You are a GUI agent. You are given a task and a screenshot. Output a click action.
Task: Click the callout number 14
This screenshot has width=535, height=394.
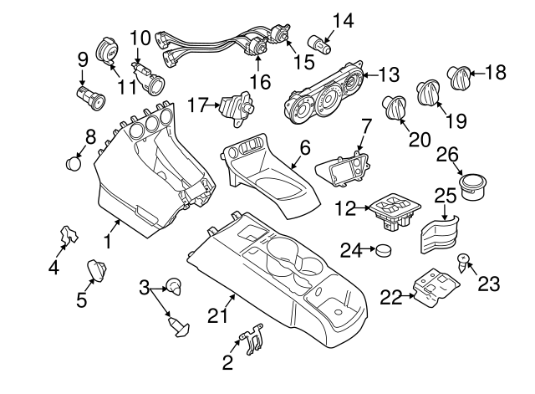pyautogui.click(x=343, y=19)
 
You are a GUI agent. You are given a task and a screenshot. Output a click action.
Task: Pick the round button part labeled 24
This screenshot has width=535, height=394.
pyautogui.click(x=384, y=250)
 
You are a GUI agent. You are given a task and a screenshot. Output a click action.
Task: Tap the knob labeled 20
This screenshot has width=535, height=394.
pyautogui.click(x=391, y=107)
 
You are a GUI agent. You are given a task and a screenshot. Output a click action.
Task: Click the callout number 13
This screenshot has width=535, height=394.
pyautogui.click(x=388, y=75)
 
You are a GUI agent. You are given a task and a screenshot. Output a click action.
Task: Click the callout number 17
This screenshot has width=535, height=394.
pyautogui.click(x=196, y=105)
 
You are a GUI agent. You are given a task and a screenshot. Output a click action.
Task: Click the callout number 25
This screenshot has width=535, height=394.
pyautogui.click(x=446, y=197)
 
